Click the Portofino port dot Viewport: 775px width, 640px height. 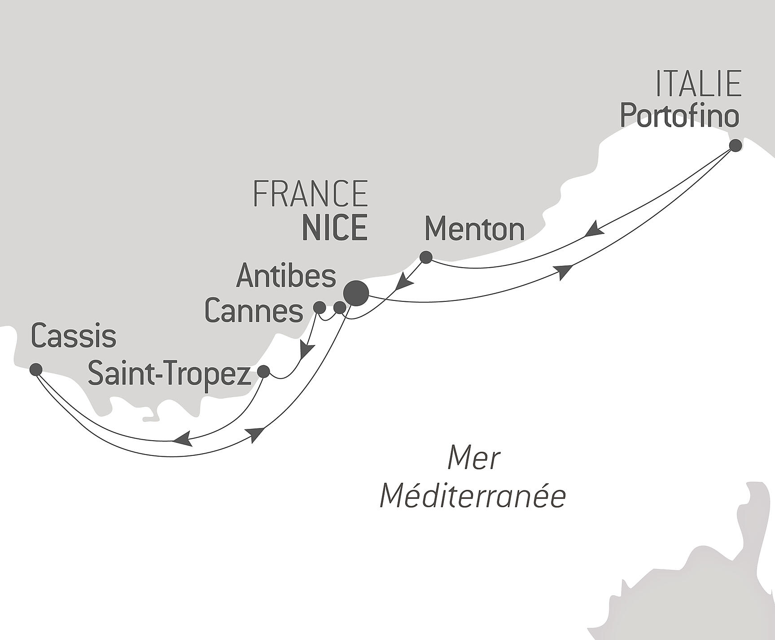tap(735, 146)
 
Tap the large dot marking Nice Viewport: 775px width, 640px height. tap(356, 293)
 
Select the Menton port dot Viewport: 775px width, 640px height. tap(425, 257)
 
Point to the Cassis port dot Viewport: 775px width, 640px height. tap(36, 370)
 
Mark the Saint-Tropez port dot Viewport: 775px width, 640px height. tap(263, 371)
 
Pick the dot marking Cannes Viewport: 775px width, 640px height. tap(319, 308)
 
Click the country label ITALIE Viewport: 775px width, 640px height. tap(698, 84)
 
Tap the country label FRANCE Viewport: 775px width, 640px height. tap(311, 194)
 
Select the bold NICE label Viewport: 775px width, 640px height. tap(335, 228)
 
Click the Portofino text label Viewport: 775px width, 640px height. tap(679, 117)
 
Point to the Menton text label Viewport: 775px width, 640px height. tap(474, 229)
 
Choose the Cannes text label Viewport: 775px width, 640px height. tap(254, 311)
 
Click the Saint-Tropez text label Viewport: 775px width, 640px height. tap(169, 374)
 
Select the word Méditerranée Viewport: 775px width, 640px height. tap(473, 496)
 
